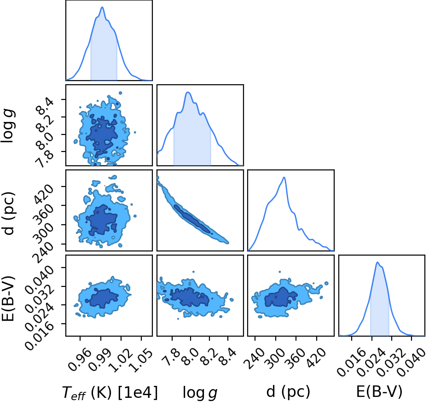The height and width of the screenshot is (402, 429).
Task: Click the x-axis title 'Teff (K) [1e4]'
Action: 110,393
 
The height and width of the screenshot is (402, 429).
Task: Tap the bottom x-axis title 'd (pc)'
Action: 288,392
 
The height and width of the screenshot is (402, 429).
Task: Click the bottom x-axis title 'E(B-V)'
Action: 379,391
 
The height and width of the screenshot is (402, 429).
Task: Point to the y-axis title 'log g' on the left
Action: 8,126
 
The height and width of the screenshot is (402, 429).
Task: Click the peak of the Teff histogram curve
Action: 102,7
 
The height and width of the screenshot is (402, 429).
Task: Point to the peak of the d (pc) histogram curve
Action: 284,177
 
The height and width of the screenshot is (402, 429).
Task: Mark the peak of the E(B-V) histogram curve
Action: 377,262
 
